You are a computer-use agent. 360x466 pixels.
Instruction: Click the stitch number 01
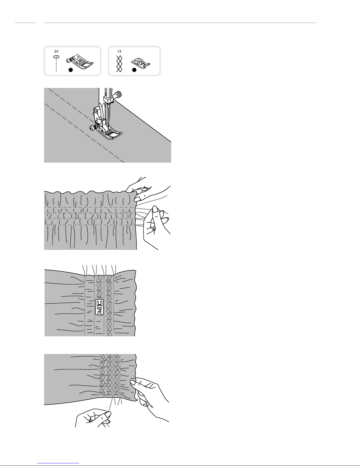point(56,51)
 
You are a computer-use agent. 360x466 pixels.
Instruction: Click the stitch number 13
point(119,51)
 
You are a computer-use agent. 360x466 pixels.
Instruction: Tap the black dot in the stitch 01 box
point(71,70)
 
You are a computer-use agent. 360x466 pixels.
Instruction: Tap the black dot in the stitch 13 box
point(134,70)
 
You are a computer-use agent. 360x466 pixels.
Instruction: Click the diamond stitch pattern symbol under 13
point(119,64)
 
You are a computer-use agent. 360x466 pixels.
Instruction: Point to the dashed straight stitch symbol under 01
point(56,64)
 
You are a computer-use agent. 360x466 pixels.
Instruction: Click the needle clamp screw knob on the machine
point(118,94)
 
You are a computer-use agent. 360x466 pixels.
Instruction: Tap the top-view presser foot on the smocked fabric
point(99,307)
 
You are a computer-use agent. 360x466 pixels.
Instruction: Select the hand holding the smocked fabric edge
point(150,399)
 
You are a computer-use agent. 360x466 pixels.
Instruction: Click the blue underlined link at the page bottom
point(58,463)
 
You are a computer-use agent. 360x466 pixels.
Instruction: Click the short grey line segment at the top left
point(25,23)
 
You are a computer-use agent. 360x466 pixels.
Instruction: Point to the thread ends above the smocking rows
point(99,270)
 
